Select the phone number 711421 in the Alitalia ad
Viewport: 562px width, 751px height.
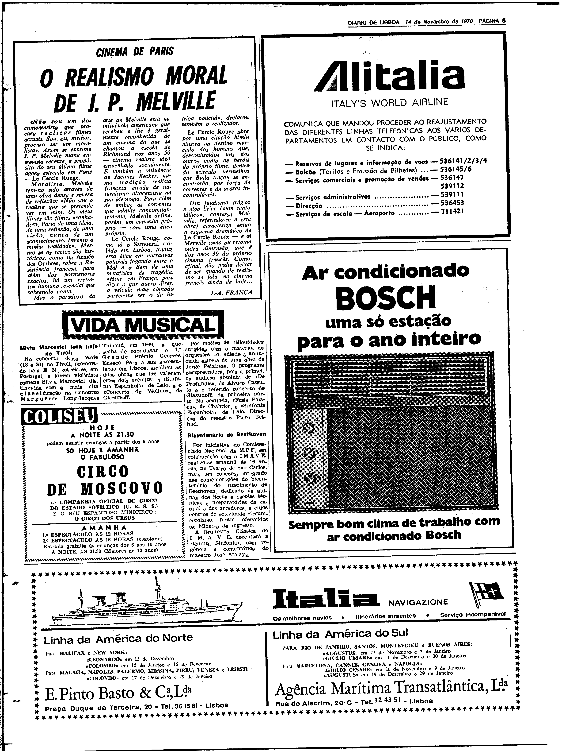(x=452, y=212)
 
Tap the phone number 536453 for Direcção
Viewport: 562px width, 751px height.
(x=452, y=203)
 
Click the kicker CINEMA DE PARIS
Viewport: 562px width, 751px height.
(x=135, y=52)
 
